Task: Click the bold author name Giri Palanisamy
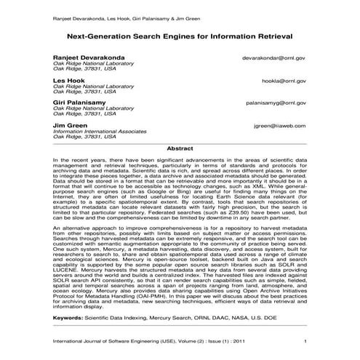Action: tap(79, 103)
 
